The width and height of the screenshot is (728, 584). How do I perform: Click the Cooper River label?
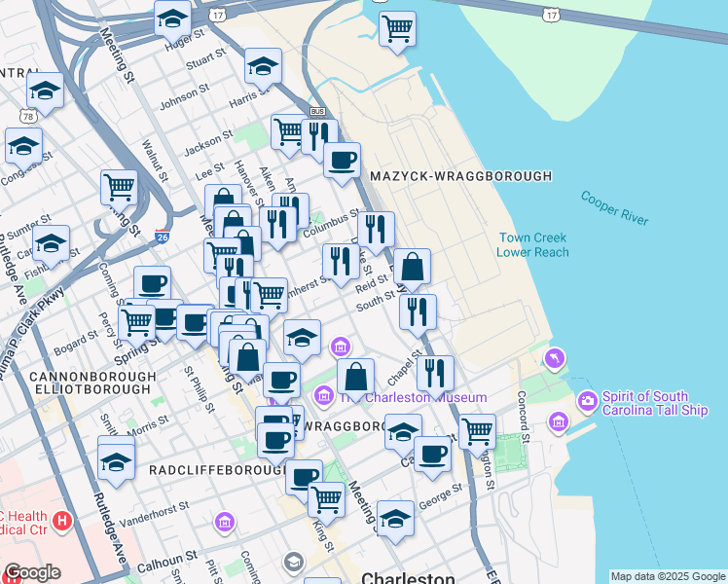[x=614, y=208]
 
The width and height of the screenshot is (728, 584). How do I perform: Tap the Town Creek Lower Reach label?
[x=532, y=244]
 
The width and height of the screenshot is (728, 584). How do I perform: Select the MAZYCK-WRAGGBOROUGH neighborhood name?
[x=460, y=176]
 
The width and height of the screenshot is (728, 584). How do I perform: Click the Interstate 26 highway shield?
[x=162, y=236]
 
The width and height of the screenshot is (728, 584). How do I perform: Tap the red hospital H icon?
[x=63, y=521]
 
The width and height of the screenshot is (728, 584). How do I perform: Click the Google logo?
[x=31, y=572]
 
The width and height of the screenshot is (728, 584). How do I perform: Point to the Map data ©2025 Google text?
[x=668, y=576]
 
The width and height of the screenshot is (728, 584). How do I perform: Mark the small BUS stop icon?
[x=316, y=112]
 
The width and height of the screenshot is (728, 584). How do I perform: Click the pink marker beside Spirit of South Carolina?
[x=587, y=400]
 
